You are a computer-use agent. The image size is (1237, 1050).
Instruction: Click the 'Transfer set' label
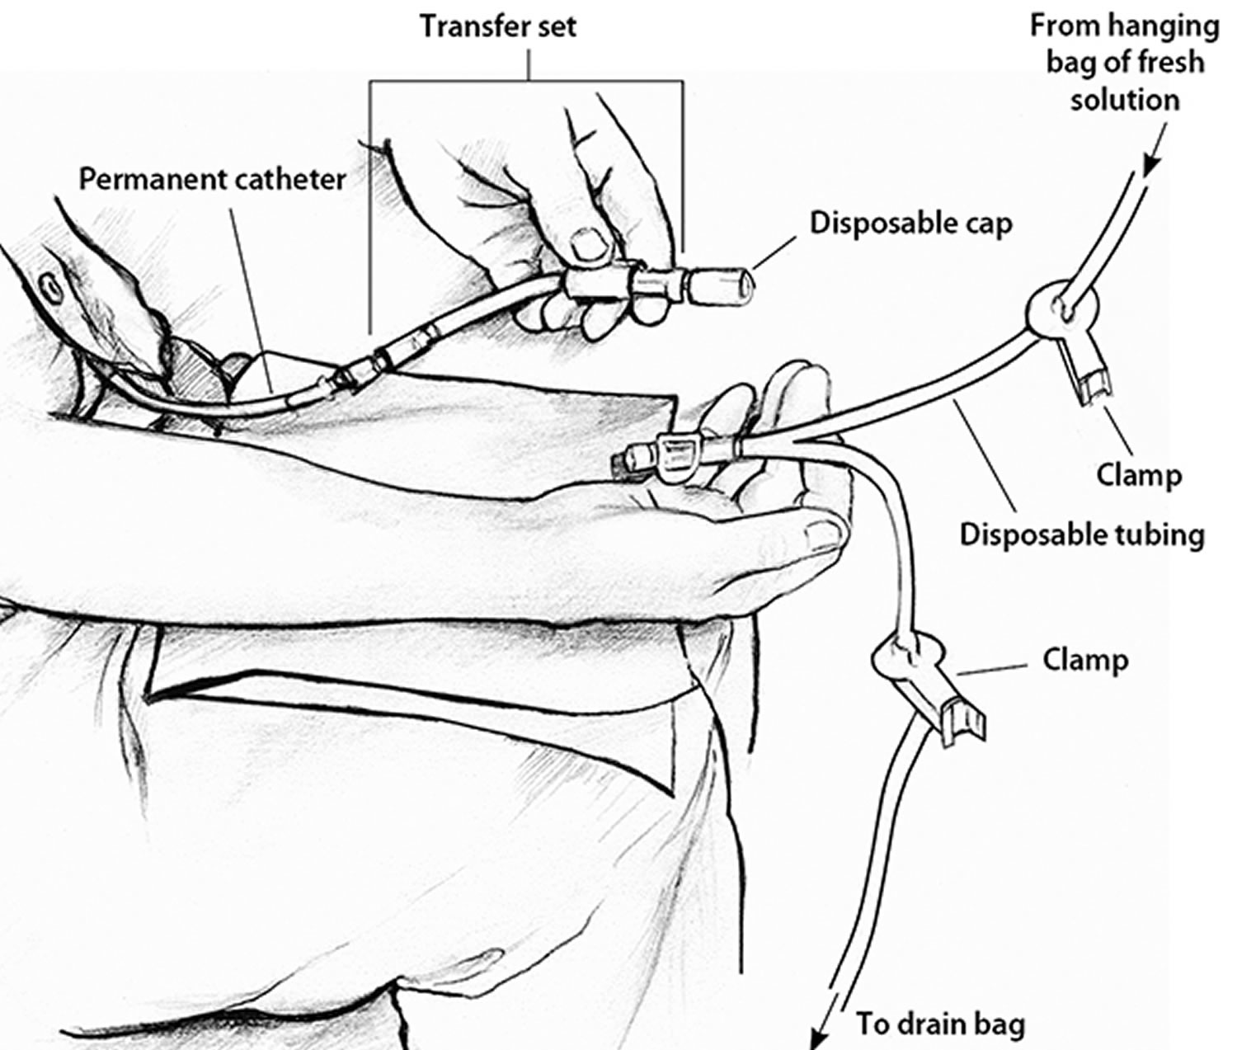coord(498,26)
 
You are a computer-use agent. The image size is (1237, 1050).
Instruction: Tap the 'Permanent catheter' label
coord(212,179)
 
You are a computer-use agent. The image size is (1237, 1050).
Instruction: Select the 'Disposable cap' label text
coord(910,224)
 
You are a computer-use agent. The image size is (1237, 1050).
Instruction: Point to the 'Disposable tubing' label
coord(1082,534)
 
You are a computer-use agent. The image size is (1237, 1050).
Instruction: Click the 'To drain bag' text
coord(940,1024)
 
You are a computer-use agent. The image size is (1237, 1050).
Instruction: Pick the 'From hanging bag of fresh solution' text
coord(1124,63)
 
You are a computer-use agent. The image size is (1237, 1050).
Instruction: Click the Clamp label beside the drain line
coord(1085,660)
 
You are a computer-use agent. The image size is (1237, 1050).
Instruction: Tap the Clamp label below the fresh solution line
coord(1139,475)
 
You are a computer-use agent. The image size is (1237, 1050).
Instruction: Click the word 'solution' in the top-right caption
coord(1124,100)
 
